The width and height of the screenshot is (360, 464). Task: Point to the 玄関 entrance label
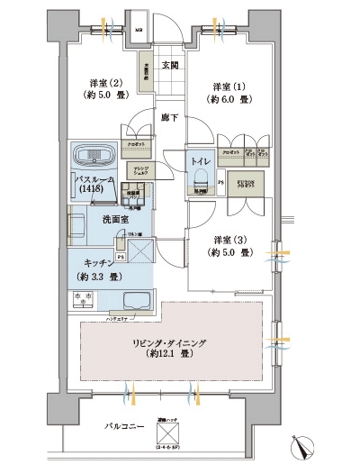170,64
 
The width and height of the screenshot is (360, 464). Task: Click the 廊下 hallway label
170,117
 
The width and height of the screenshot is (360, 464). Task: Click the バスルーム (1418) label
94,186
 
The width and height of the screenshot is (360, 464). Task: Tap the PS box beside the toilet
220,183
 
